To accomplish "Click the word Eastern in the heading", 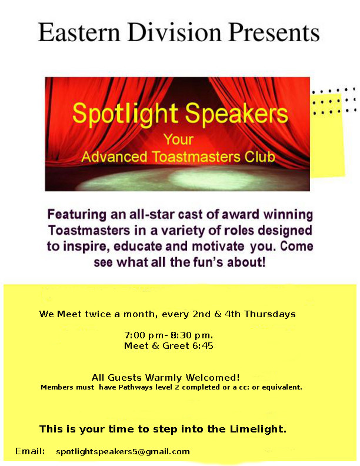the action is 79,32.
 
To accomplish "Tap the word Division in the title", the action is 174,32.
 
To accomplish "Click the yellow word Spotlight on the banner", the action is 125,114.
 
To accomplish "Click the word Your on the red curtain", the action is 179,139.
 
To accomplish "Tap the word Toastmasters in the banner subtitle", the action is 196,157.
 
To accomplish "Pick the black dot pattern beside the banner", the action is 334,101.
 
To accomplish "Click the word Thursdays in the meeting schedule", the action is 269,314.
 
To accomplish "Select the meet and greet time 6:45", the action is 203,345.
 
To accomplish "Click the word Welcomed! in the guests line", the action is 212,377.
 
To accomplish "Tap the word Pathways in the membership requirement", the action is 132,387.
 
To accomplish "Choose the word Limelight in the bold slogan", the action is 258,429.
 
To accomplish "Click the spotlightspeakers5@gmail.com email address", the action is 123,452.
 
